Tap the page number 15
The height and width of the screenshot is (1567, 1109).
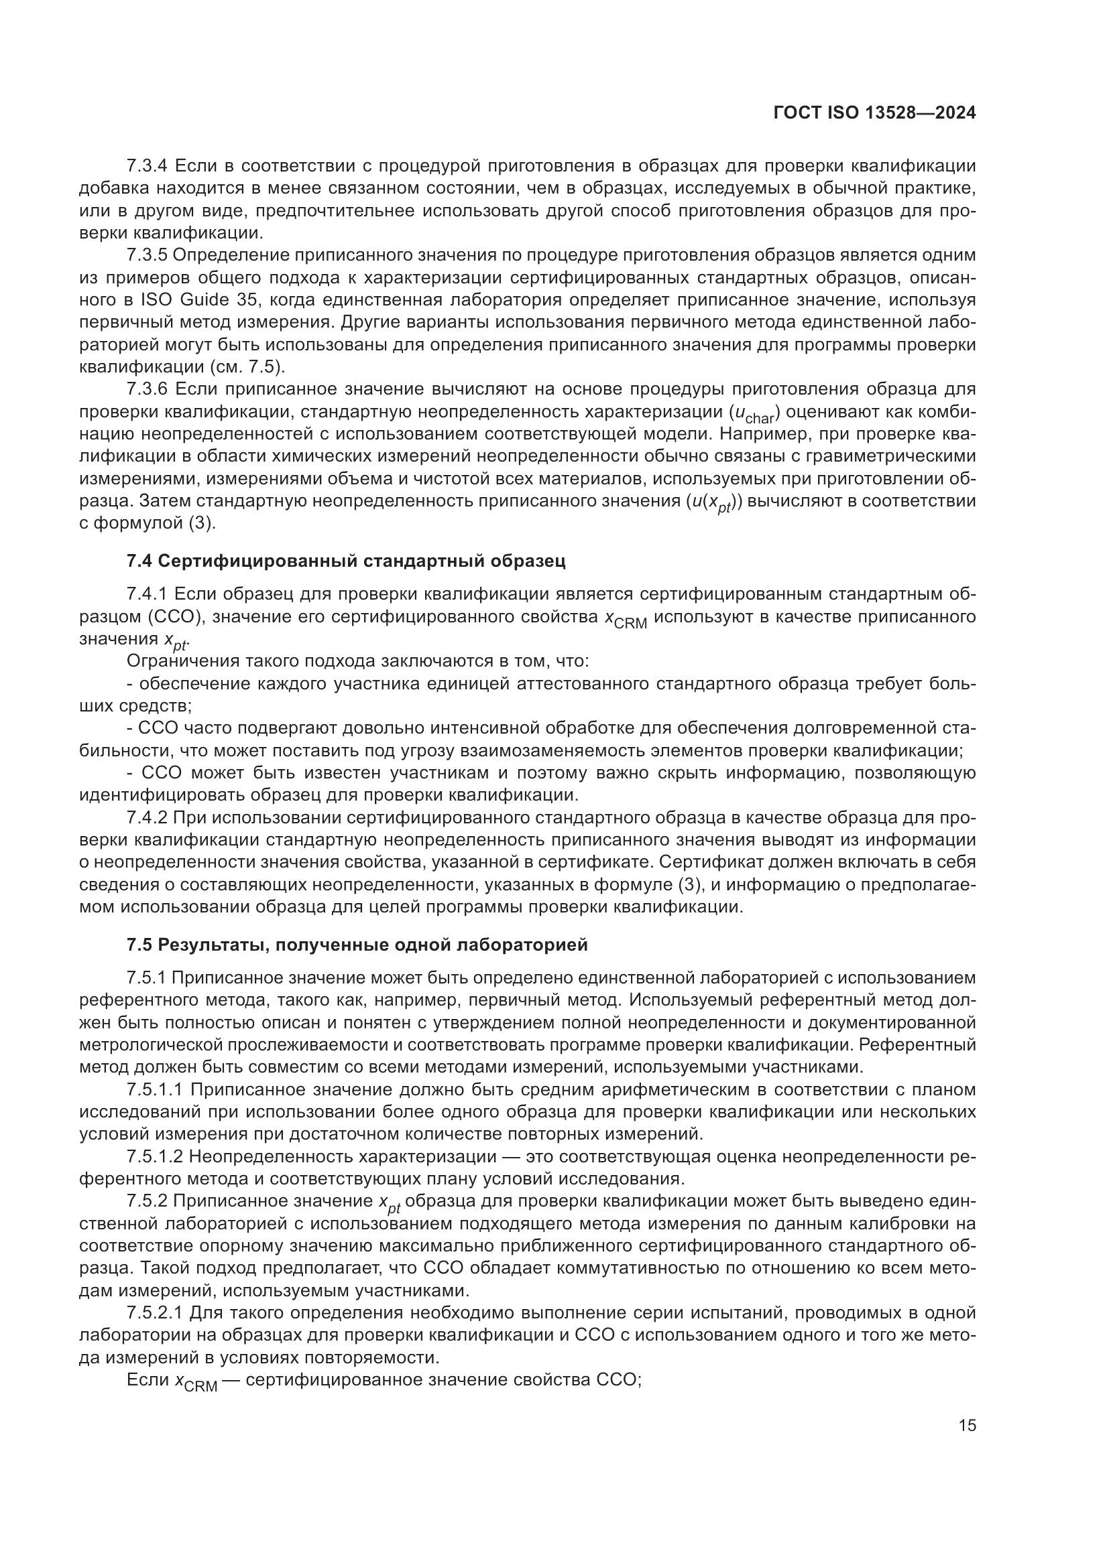(966, 1426)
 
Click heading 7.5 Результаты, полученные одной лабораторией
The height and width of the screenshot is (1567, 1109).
(357, 945)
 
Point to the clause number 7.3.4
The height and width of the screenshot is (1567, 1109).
(147, 166)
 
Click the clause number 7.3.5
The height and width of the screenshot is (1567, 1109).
(147, 255)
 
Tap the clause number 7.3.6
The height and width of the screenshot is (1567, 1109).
(147, 389)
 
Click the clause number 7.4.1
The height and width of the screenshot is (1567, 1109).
(147, 594)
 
